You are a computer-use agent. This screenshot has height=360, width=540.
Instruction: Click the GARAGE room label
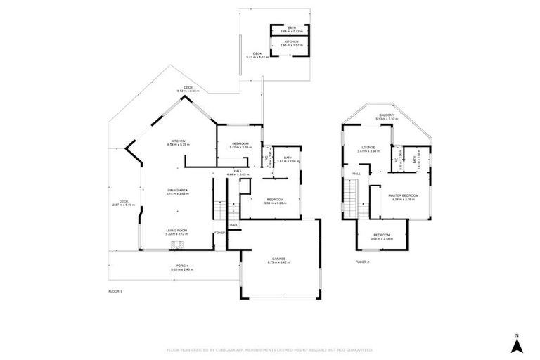(x=278, y=258)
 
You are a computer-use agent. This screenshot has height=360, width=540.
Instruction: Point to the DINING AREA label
(x=177, y=191)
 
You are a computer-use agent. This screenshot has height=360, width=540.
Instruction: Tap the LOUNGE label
(x=368, y=148)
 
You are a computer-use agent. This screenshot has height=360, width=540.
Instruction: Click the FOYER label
(x=220, y=232)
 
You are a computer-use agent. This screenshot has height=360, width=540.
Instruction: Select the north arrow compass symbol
(x=516, y=345)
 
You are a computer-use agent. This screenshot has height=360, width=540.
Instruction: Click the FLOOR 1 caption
(x=115, y=290)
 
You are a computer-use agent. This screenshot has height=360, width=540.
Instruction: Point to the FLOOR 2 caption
(x=362, y=261)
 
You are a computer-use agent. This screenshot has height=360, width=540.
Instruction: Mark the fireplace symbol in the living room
(x=181, y=244)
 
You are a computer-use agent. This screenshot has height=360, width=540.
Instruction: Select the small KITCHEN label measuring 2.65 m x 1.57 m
(x=291, y=41)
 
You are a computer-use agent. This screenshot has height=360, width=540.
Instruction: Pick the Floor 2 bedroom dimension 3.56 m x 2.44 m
(x=382, y=239)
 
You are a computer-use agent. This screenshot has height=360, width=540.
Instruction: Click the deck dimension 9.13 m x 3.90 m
(x=188, y=91)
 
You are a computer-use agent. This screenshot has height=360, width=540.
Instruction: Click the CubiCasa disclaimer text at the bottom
(x=270, y=349)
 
